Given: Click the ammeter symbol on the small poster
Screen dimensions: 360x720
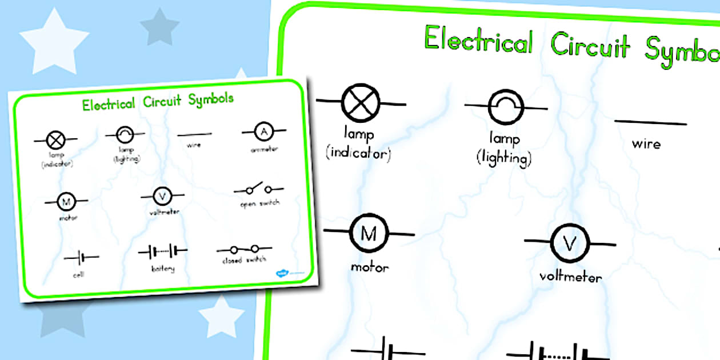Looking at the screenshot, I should pos(263,132).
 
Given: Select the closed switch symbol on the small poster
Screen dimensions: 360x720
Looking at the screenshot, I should pos(244,249).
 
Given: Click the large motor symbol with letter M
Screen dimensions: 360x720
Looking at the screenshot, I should pos(369,234).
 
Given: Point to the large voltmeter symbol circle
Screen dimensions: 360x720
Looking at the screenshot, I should pos(570,243).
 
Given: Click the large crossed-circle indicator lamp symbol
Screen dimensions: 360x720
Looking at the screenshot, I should pos(362,103).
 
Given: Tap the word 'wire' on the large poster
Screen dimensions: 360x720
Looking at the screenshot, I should pos(646,143).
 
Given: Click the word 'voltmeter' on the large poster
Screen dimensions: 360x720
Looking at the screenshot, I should pos(570,277).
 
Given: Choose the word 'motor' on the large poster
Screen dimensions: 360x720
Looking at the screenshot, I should pos(370,267).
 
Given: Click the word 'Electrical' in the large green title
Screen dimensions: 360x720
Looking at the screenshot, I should pos(478,42).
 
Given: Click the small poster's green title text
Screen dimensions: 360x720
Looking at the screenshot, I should pos(158,102).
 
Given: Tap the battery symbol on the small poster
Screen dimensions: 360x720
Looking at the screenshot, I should pos(163,251).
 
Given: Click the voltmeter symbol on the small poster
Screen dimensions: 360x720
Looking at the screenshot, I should pos(162,196).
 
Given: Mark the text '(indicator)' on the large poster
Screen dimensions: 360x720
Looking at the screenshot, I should pos(358,154).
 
